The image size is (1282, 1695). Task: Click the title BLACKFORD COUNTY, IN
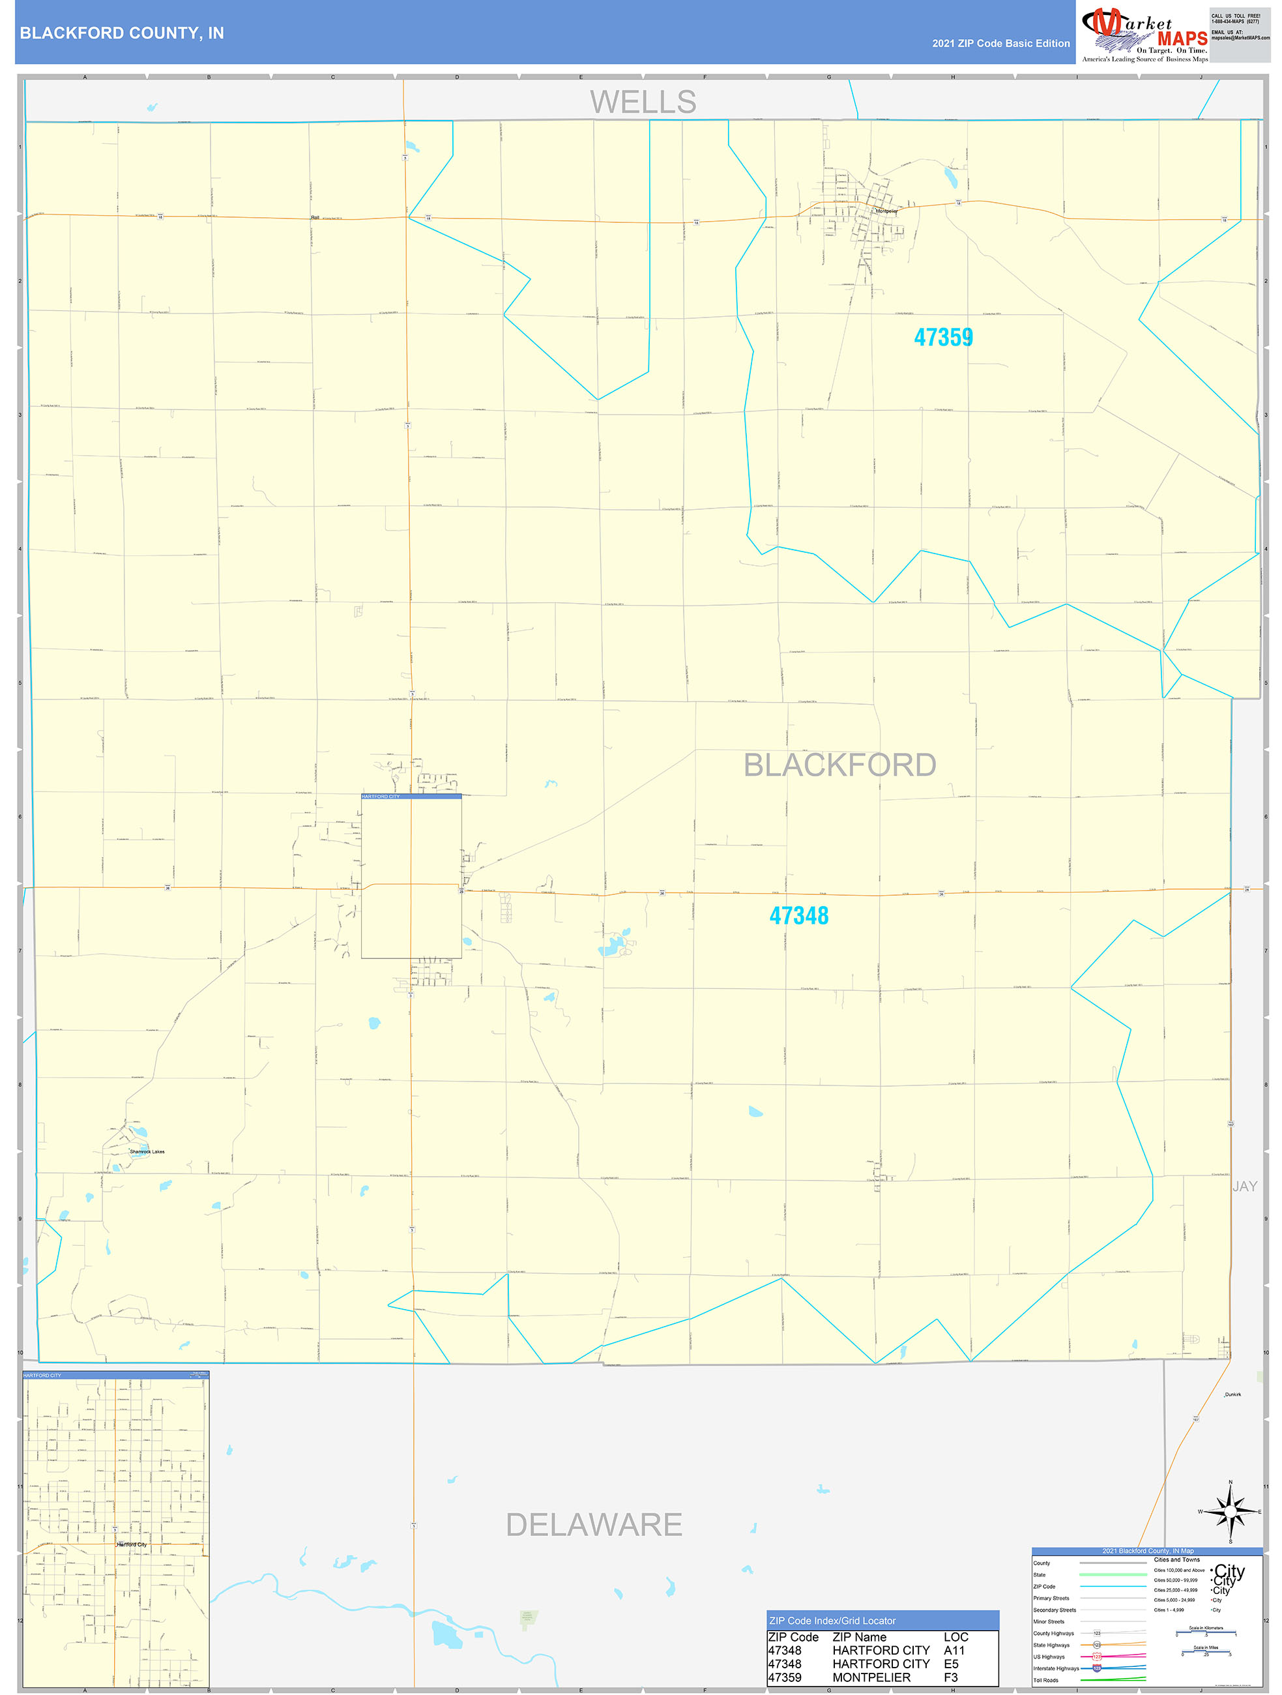(x=121, y=33)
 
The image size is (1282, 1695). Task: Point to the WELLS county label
(x=642, y=102)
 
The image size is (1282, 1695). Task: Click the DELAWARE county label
(x=593, y=1524)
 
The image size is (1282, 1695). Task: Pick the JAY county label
(x=1244, y=1186)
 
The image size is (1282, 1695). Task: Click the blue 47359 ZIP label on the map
(x=942, y=337)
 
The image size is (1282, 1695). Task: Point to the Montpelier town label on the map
(x=886, y=211)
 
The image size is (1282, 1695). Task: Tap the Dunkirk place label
(x=1232, y=1394)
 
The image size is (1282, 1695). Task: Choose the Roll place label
(x=315, y=218)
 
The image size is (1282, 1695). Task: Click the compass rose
(x=1230, y=1511)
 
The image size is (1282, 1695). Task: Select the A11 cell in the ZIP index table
(x=954, y=1650)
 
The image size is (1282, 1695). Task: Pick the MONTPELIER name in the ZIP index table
(x=871, y=1677)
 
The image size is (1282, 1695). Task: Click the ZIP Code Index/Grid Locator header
(x=832, y=1621)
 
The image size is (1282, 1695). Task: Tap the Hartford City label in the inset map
(x=132, y=1544)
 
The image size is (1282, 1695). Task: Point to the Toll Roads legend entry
(x=1045, y=1679)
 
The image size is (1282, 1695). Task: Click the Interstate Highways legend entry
(x=1055, y=1668)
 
